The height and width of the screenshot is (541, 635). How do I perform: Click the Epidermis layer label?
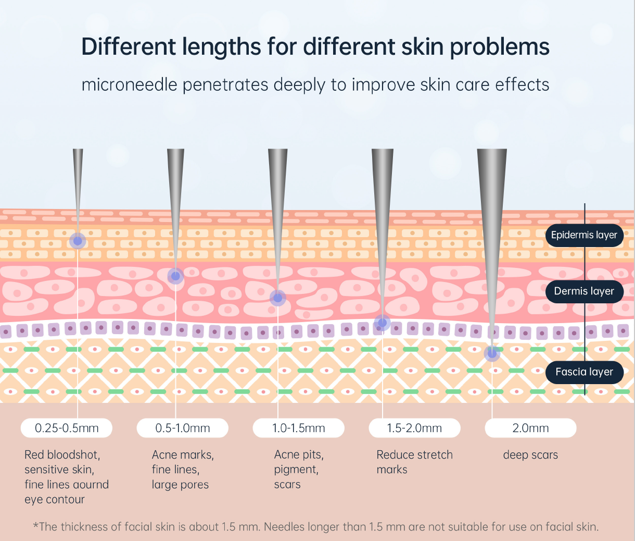585,235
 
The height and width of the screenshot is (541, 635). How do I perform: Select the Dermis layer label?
585,291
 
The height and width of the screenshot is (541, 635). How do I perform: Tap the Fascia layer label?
585,372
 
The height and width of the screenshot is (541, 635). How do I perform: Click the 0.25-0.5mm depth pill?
66,428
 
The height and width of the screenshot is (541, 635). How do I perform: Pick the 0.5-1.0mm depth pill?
183,428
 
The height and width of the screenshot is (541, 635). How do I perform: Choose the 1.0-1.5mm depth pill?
298,428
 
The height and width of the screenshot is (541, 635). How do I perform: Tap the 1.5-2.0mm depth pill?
414,428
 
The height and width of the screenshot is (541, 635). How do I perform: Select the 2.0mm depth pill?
530,428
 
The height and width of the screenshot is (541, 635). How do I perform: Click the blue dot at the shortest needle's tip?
78,241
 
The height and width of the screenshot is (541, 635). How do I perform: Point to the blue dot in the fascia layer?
492,354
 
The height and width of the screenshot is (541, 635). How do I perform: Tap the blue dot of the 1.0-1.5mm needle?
278,298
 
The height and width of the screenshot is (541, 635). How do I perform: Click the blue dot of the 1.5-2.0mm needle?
383,323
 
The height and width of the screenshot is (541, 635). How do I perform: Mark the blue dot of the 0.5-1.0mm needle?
175,276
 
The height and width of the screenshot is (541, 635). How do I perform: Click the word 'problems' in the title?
500,47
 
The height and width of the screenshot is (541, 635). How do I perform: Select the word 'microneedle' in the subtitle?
129,84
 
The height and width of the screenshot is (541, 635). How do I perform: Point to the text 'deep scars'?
530,455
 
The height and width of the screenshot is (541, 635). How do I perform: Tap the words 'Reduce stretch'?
414,454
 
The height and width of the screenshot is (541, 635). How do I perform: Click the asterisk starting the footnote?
35,525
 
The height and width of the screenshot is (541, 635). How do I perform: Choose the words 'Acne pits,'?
299,455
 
